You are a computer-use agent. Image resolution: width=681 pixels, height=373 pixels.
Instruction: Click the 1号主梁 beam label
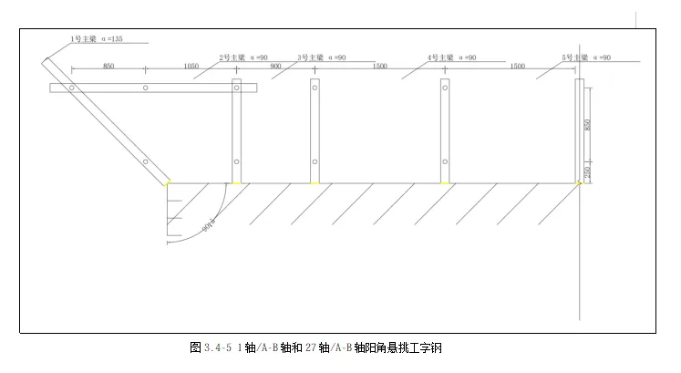(84, 39)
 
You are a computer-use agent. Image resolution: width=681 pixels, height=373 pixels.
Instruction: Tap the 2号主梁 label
(232, 57)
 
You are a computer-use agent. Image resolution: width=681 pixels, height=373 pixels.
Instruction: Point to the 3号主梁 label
(310, 57)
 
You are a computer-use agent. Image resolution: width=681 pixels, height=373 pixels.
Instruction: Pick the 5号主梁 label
(574, 57)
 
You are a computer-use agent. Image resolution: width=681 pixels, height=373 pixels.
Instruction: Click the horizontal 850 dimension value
(108, 67)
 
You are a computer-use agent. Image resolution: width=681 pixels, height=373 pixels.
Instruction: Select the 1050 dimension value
(191, 67)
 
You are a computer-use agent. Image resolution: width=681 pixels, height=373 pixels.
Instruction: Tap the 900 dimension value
(275, 67)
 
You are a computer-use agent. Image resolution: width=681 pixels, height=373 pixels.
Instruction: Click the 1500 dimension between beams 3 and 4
(379, 67)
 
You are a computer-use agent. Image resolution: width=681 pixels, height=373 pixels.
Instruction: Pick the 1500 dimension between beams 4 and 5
(517, 67)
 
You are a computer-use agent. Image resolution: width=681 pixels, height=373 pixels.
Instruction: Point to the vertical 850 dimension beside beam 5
(588, 125)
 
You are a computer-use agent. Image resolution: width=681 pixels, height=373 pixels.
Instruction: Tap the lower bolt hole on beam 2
(236, 162)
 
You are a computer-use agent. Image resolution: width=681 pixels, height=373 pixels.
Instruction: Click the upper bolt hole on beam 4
(445, 88)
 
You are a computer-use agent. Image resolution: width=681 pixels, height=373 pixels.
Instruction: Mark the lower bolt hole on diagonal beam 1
(145, 162)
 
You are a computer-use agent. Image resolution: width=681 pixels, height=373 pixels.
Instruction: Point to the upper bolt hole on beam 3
(315, 88)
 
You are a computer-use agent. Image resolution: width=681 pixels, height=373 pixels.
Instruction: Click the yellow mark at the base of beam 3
(315, 183)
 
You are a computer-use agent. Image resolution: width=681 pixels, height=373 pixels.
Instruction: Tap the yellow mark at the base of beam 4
(445, 183)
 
